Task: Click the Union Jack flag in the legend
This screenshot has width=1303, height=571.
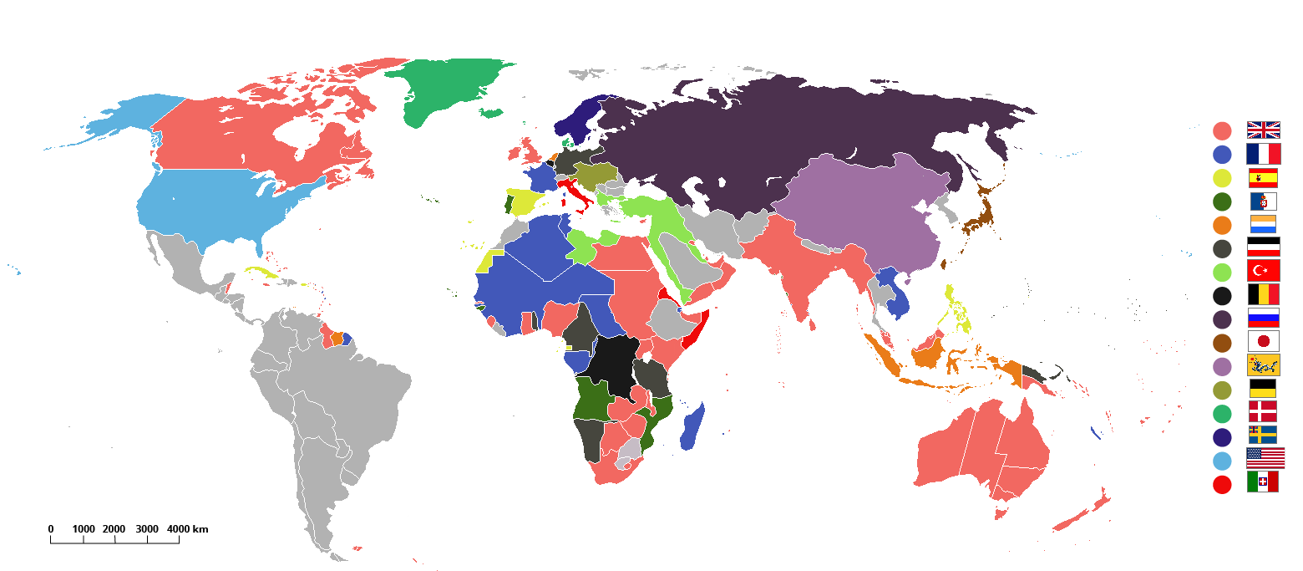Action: [1263, 130]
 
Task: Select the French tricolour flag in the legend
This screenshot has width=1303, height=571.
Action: [1263, 154]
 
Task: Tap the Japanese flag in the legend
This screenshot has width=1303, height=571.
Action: [1263, 341]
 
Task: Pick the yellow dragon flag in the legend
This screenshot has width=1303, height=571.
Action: [1263, 365]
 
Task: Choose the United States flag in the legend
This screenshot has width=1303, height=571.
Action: [1265, 458]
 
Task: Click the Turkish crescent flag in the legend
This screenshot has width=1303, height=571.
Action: [1263, 271]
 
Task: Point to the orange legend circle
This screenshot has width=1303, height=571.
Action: [1222, 225]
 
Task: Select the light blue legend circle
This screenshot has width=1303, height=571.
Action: [1222, 461]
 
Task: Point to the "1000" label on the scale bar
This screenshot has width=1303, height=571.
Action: [84, 529]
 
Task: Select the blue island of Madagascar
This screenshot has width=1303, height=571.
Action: [693, 426]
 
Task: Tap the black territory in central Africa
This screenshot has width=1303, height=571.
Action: [614, 364]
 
